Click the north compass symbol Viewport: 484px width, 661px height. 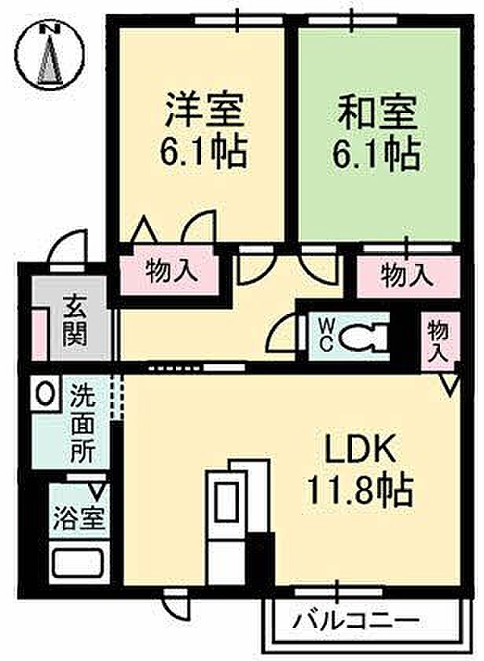(50, 56)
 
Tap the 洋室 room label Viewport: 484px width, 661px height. (204, 111)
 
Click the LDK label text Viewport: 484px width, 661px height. (355, 451)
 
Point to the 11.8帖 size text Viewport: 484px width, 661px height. (360, 491)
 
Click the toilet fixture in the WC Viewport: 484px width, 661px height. (363, 338)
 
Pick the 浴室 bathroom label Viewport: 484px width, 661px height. (79, 518)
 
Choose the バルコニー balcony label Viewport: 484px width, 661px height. (357, 621)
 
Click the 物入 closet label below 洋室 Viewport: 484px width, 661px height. (172, 271)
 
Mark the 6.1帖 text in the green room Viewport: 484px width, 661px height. (376, 153)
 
